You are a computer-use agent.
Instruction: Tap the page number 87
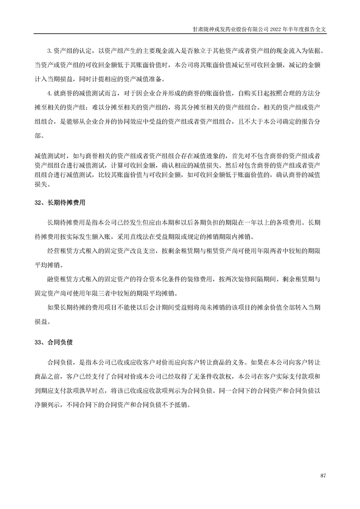click(323, 475)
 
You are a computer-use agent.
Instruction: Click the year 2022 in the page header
click(276, 28)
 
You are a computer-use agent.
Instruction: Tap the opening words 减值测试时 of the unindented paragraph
click(48, 155)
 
